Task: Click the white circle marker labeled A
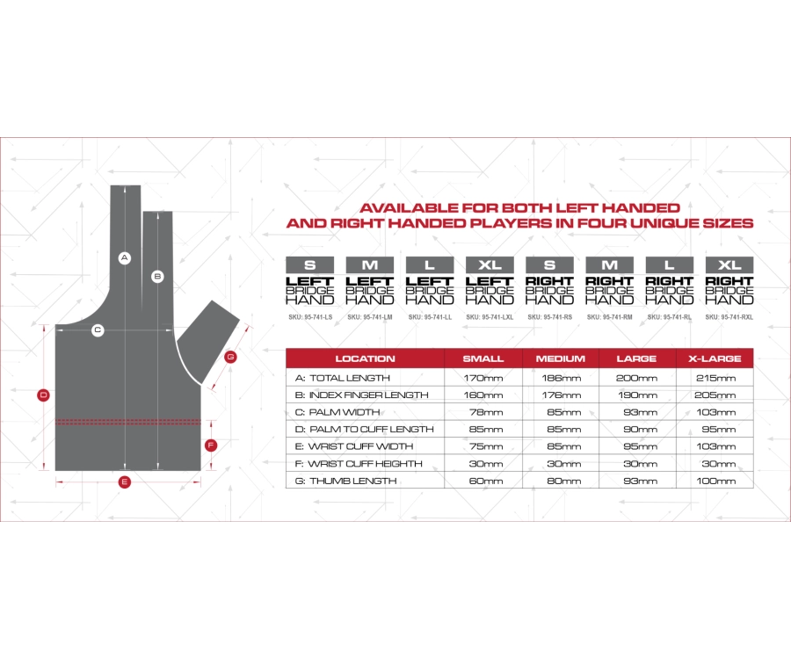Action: point(125,258)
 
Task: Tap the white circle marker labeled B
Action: point(158,276)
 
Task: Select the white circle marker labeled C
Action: point(98,330)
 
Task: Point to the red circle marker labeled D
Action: point(44,395)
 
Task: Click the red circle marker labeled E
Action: point(125,482)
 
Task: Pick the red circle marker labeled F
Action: point(211,445)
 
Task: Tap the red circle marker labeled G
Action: point(230,357)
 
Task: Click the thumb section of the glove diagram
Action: point(207,341)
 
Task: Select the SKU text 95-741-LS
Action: point(310,317)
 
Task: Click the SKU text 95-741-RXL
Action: point(729,317)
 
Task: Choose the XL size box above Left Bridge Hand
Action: point(490,264)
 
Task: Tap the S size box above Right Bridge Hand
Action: point(549,264)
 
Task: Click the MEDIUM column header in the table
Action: point(561,358)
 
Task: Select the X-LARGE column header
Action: point(715,358)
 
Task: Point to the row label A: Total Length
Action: point(343,378)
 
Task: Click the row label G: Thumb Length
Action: point(345,481)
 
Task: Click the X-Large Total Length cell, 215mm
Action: point(715,378)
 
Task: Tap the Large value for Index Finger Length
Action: point(638,395)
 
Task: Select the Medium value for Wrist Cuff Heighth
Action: point(564,464)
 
